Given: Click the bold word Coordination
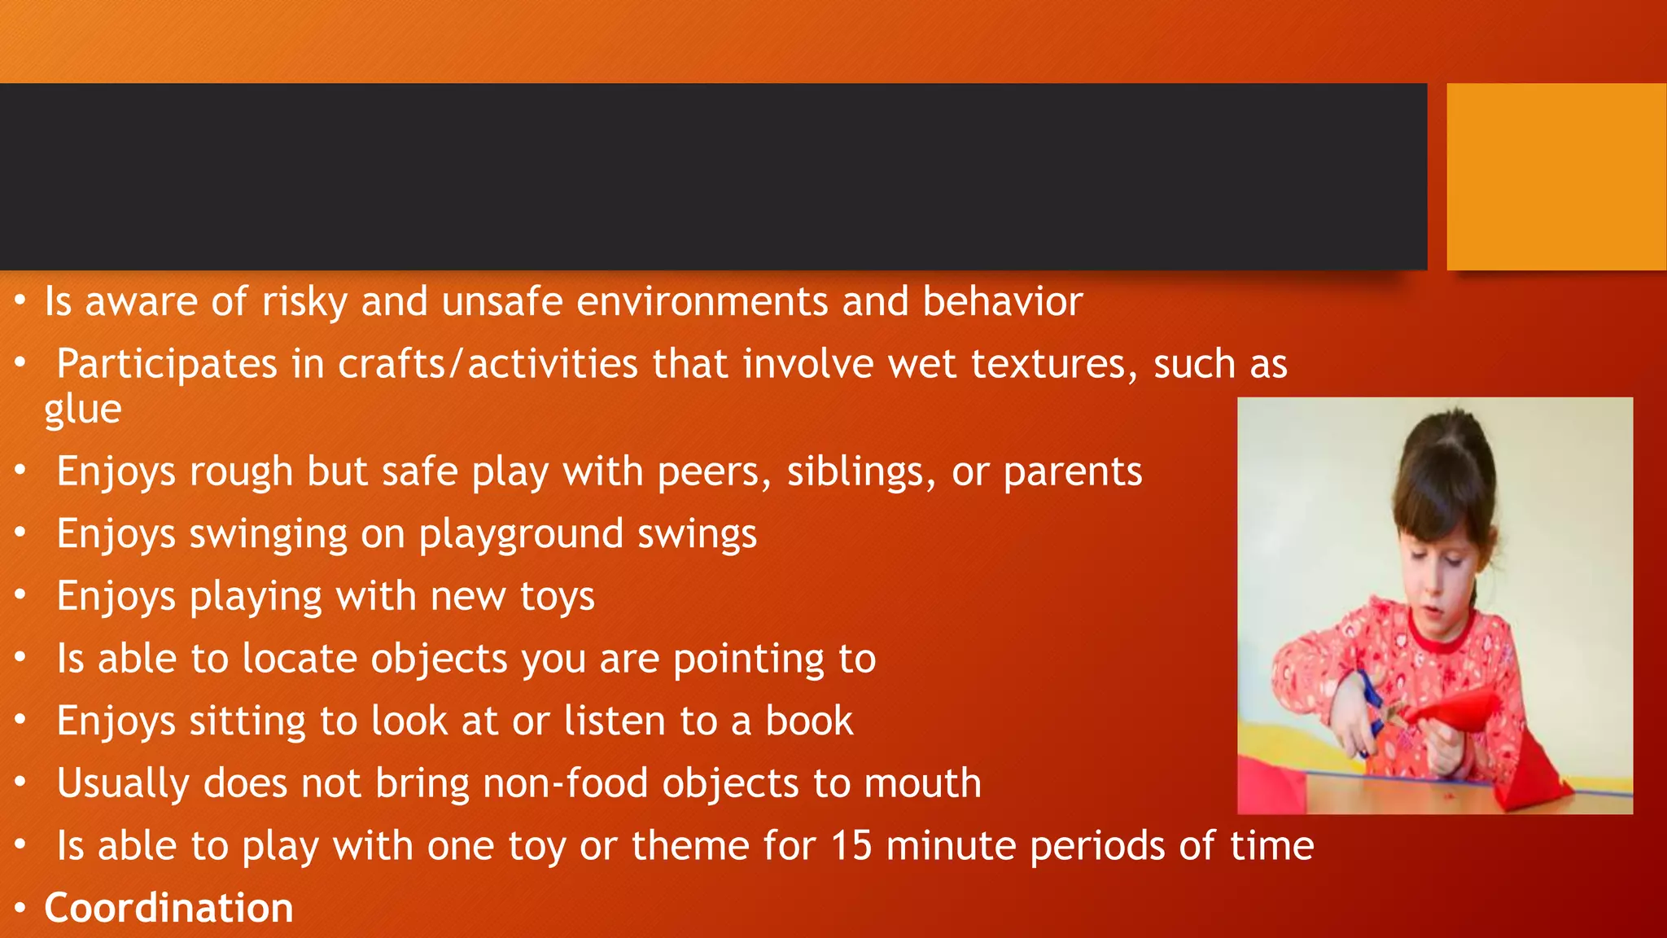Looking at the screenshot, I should [x=168, y=908].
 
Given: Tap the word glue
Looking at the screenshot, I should [x=82, y=410].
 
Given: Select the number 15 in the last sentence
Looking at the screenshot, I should [x=851, y=846].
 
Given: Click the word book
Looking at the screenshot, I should [x=809, y=721].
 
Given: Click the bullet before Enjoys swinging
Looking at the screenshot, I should [x=21, y=533].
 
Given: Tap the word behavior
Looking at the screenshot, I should [x=1002, y=302].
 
